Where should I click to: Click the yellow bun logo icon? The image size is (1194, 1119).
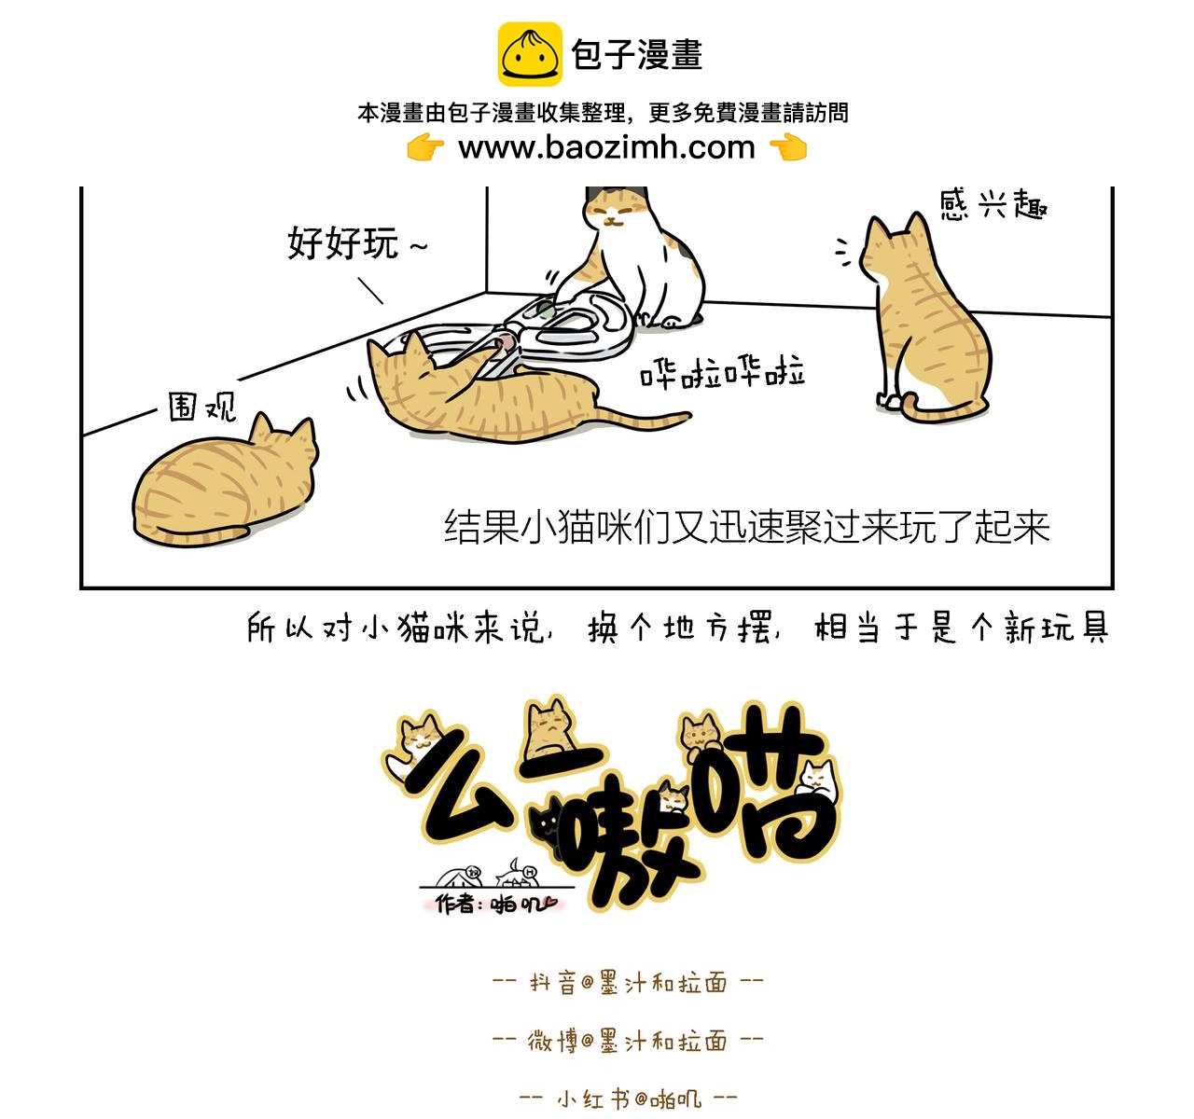pyautogui.click(x=529, y=55)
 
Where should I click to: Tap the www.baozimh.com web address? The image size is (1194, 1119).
pyautogui.click(x=606, y=147)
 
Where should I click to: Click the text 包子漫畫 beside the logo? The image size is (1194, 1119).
pyautogui.click(x=637, y=55)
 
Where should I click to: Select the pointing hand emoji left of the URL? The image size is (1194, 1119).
pyautogui.click(x=424, y=147)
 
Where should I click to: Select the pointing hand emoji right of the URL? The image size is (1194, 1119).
pyautogui.click(x=788, y=147)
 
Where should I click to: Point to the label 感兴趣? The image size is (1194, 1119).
pyautogui.click(x=993, y=204)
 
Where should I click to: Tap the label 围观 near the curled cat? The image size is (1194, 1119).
pyautogui.click(x=201, y=407)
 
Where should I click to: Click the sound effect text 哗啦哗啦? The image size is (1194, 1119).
pyautogui.click(x=722, y=373)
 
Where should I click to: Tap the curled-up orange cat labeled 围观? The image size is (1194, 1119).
pyautogui.click(x=224, y=485)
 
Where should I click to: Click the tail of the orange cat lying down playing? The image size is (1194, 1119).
pyautogui.click(x=644, y=420)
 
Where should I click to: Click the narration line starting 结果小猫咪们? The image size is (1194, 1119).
pyautogui.click(x=746, y=527)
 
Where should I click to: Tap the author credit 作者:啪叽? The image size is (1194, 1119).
pyautogui.click(x=494, y=904)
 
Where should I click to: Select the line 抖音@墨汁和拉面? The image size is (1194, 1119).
pyautogui.click(x=627, y=983)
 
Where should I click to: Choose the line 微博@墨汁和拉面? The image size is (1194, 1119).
pyautogui.click(x=627, y=1041)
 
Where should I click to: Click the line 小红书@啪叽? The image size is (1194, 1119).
pyautogui.click(x=627, y=1098)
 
